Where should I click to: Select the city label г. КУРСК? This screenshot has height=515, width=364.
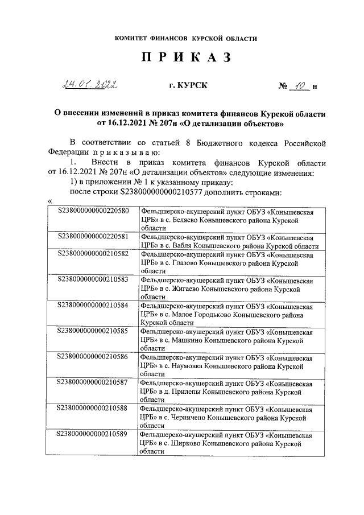click(x=188, y=86)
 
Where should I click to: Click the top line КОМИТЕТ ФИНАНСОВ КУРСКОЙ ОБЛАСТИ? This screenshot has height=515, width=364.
click(x=185, y=39)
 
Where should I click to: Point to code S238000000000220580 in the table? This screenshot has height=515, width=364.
click(x=93, y=211)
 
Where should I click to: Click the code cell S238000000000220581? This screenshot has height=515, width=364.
click(x=93, y=236)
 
